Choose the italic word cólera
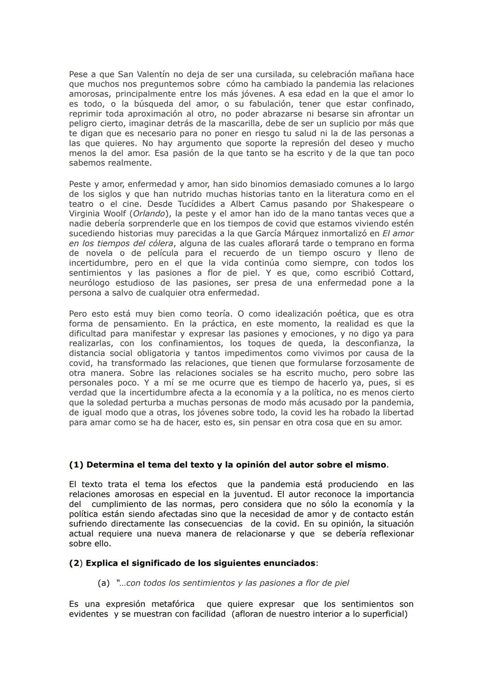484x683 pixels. pyautogui.click(x=157, y=243)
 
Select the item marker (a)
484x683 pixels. pyautogui.click(x=104, y=583)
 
